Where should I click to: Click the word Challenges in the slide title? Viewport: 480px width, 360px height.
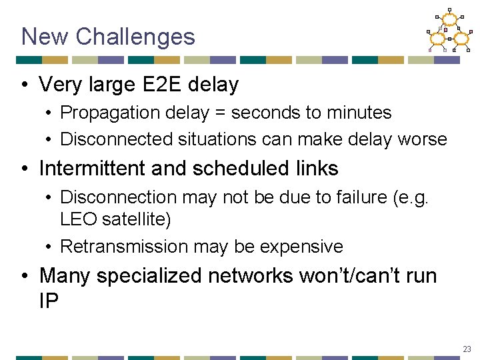click(x=135, y=37)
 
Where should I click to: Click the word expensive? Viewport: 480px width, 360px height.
click(x=301, y=247)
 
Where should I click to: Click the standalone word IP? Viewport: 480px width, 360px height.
click(x=49, y=300)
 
